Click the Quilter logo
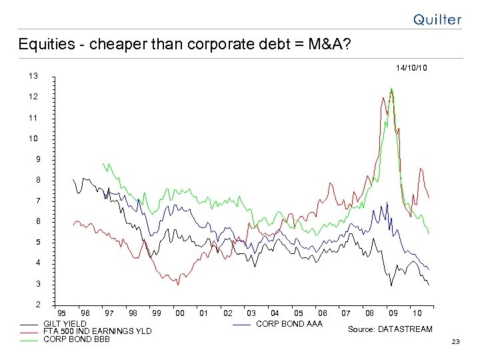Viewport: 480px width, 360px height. (x=437, y=19)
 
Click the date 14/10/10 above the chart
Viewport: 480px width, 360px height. (x=411, y=68)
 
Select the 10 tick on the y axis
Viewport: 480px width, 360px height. (x=33, y=139)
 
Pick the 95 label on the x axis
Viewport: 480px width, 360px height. (x=62, y=313)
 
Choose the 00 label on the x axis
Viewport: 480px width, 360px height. (x=179, y=313)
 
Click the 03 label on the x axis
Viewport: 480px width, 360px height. (x=251, y=313)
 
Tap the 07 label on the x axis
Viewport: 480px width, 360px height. (x=346, y=313)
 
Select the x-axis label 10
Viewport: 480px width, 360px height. (x=417, y=313)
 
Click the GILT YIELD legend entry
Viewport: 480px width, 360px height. (x=65, y=323)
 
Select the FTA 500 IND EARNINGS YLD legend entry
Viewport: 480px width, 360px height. (x=97, y=331)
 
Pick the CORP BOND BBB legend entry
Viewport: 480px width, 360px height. (x=76, y=339)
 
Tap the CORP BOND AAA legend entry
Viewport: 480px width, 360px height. (x=289, y=324)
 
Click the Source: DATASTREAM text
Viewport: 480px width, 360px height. (x=390, y=329)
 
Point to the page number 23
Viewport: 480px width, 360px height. (x=456, y=342)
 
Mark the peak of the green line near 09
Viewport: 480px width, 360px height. (x=391, y=89)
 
